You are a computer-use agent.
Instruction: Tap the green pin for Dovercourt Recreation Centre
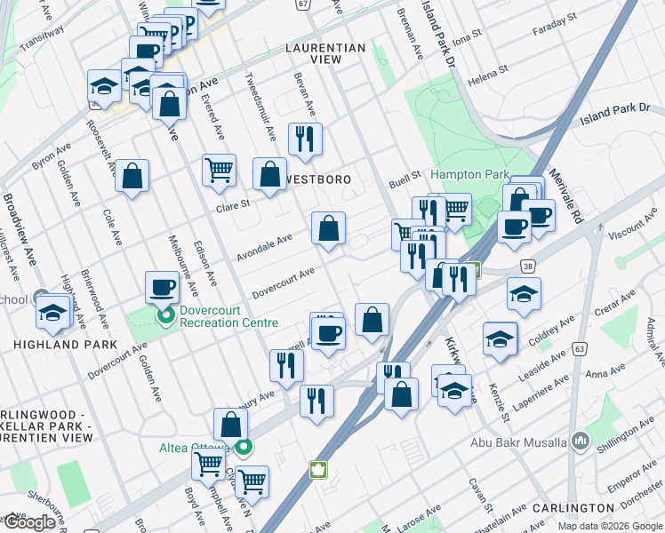(x=164, y=315)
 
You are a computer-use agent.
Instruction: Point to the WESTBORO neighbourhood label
(x=317, y=179)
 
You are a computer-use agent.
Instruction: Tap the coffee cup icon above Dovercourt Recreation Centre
(x=164, y=286)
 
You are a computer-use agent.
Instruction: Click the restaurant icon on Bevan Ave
(x=304, y=138)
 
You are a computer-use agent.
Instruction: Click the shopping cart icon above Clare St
(x=219, y=169)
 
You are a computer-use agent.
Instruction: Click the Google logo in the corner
(x=28, y=522)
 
